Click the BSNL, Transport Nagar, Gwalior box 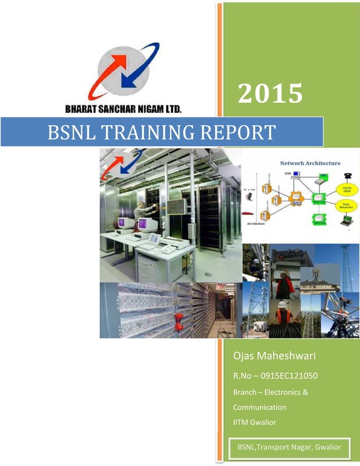click(289, 447)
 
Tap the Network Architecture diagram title click(310, 163)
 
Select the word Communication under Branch click(259, 407)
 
